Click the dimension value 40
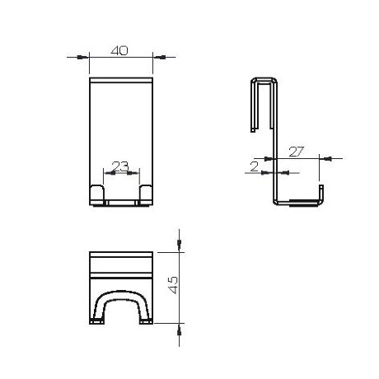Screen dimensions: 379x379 (120, 50)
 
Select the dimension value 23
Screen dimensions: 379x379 (120, 166)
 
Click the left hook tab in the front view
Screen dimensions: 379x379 (96, 194)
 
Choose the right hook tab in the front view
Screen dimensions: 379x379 (146, 194)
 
